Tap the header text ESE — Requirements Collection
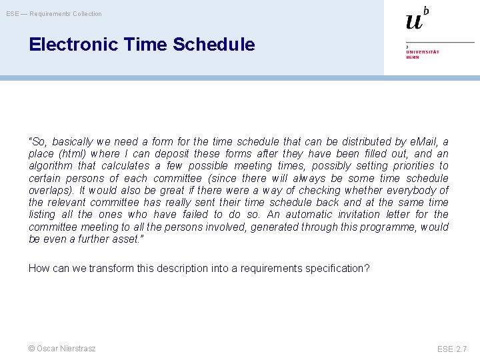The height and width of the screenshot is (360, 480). (x=54, y=13)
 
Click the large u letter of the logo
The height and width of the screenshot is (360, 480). (x=414, y=21)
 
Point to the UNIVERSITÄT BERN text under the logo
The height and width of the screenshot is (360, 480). (x=423, y=54)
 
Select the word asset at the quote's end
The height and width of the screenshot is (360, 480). (x=106, y=239)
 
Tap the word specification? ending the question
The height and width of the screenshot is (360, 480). (x=337, y=268)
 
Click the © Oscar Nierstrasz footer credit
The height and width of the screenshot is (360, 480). (x=62, y=348)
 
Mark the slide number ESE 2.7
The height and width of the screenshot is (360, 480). (x=452, y=349)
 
